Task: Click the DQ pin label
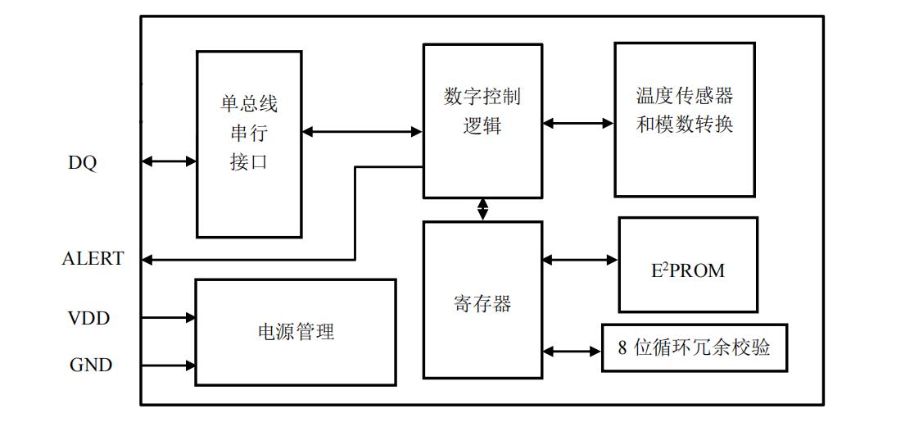tap(82, 163)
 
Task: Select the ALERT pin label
tap(93, 259)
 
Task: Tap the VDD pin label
tap(88, 318)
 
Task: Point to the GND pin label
tap(90, 366)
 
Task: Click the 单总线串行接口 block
tap(249, 144)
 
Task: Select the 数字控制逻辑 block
tap(482, 120)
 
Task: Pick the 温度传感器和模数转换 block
tap(684, 120)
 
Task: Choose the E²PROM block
tap(687, 265)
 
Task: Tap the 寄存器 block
tap(482, 300)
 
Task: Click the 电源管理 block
tap(295, 332)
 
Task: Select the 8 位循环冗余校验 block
tap(694, 348)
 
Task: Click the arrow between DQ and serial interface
tap(169, 162)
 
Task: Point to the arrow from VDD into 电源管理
tap(169, 317)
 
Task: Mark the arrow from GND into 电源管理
tap(169, 366)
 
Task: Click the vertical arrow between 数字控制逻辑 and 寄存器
tap(482, 210)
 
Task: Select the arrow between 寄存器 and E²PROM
tap(580, 260)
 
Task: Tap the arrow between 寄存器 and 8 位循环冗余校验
tap(572, 352)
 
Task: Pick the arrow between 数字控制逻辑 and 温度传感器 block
tap(577, 124)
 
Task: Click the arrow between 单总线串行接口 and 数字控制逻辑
tap(362, 131)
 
